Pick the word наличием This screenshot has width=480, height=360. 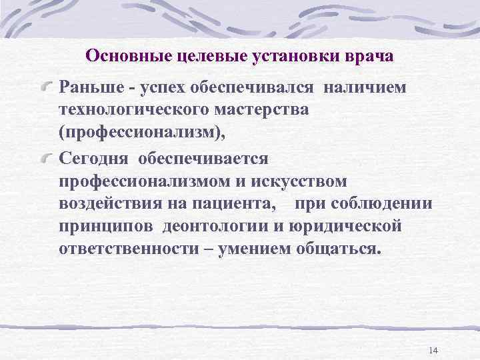367,87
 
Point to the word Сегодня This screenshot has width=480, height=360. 94,157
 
